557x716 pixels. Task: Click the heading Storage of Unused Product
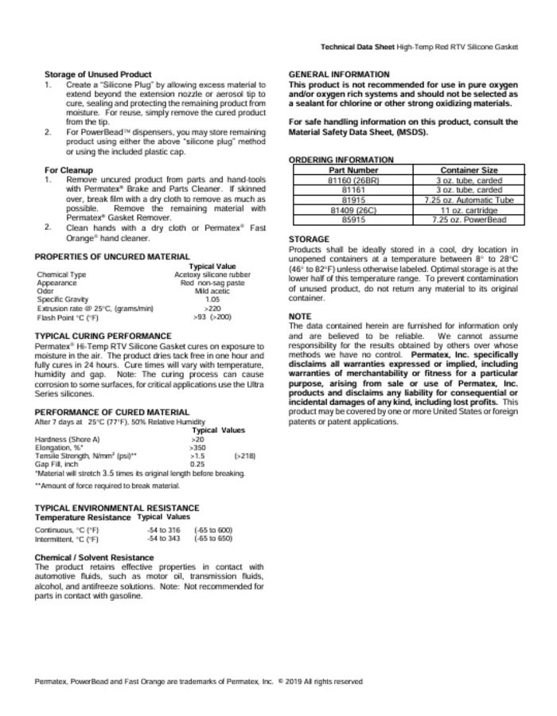click(98, 75)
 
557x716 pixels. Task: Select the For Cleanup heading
click(68, 170)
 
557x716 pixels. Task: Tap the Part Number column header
click(353, 169)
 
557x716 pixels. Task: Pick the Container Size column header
click(469, 169)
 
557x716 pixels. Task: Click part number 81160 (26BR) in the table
click(353, 181)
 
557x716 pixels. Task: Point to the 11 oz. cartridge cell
click(469, 209)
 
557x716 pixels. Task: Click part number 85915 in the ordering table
click(353, 219)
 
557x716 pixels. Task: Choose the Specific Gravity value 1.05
click(212, 299)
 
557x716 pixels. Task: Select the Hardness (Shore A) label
click(68, 439)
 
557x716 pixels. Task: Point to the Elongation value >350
click(197, 448)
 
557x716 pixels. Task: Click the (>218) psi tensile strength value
click(244, 456)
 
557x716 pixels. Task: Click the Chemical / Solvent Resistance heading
click(95, 558)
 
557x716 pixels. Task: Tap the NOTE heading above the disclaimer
click(300, 317)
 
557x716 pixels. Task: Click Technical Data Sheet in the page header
click(356, 48)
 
